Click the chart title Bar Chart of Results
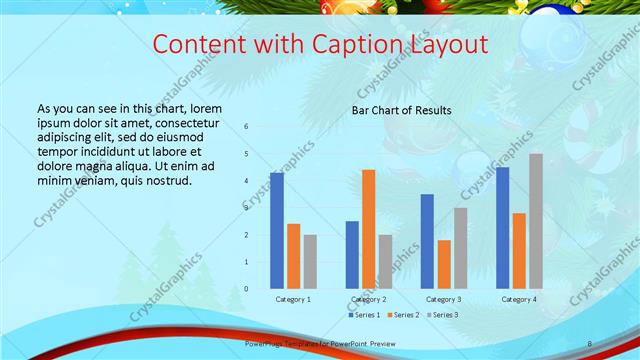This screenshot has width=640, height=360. click(x=401, y=110)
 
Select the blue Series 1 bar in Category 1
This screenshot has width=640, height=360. click(x=277, y=230)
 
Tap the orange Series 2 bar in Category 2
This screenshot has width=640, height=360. click(x=369, y=229)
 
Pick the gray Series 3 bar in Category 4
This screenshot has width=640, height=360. click(x=536, y=221)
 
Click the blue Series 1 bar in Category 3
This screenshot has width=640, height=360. click(x=427, y=241)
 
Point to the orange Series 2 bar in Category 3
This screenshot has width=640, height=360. click(x=444, y=264)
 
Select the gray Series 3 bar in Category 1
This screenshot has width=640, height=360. click(x=310, y=261)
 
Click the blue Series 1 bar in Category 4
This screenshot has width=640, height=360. click(x=502, y=227)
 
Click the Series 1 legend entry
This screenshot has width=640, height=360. click(x=365, y=315)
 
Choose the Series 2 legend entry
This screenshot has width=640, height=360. click(x=402, y=315)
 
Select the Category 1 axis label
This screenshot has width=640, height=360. click(x=293, y=299)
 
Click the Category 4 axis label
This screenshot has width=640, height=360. click(x=519, y=299)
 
